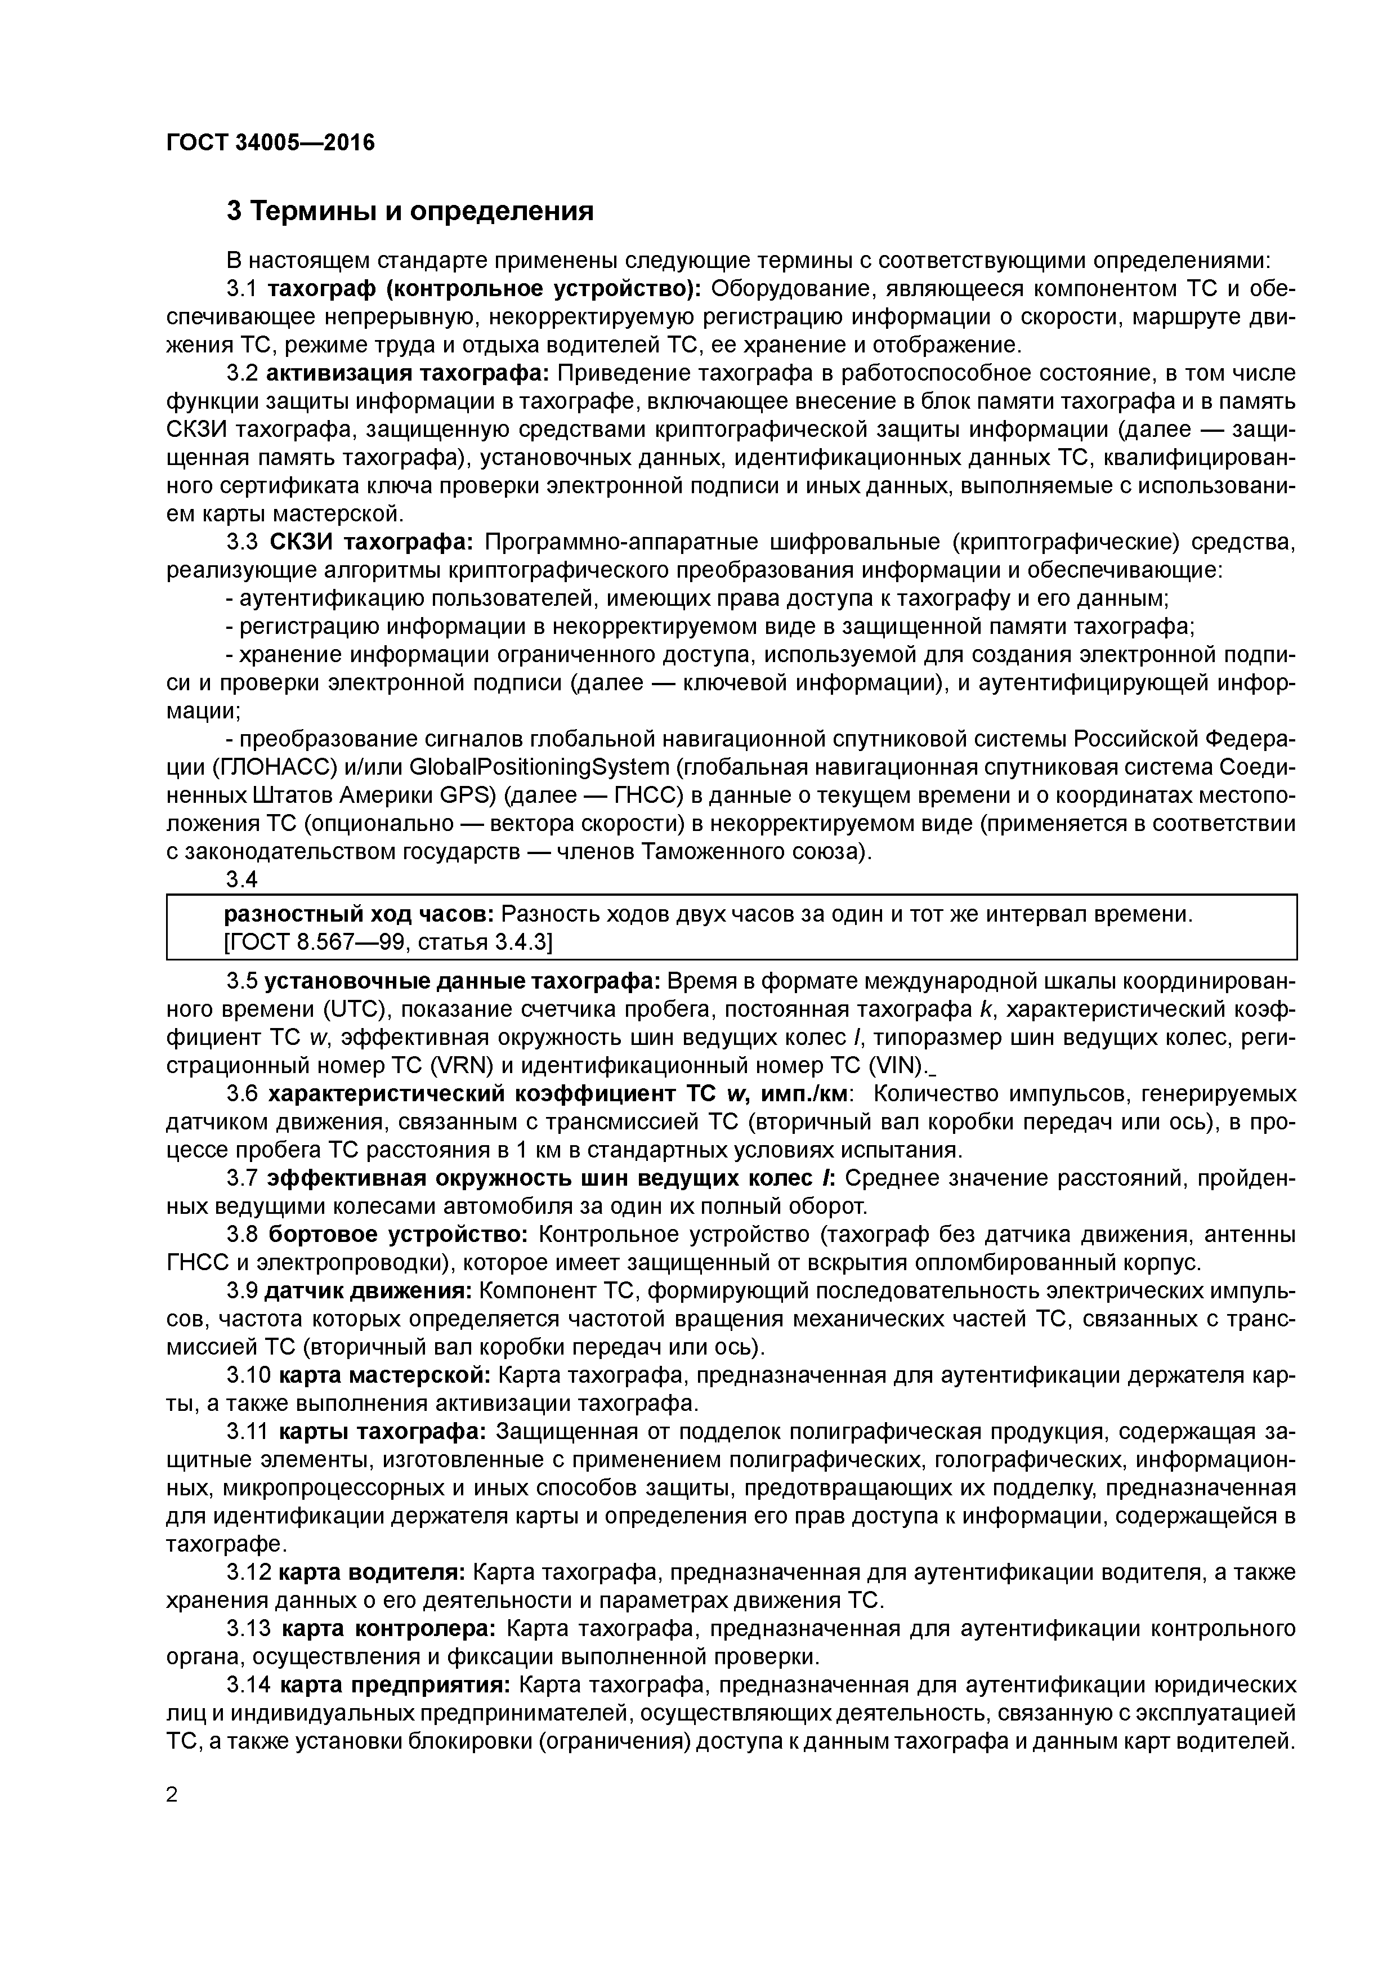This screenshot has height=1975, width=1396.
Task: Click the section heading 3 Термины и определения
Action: click(409, 211)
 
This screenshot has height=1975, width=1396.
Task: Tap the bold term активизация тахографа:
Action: click(408, 373)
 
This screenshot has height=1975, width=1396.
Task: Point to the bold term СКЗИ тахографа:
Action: click(372, 542)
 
